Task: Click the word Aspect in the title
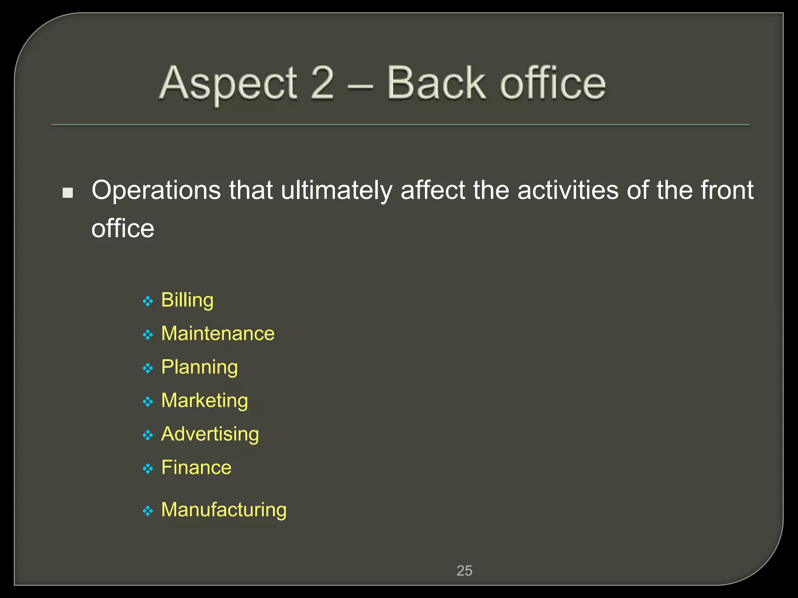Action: coord(229,83)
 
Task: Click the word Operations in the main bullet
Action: coord(156,190)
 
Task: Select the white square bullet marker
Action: coord(68,193)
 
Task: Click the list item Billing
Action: coord(187,300)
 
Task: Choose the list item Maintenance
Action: coord(218,334)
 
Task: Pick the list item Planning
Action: coord(199,368)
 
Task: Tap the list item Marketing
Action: coord(205,401)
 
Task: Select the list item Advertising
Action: coord(210,434)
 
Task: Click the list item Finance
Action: coord(196,468)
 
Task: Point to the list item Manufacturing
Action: coord(224,510)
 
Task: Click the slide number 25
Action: coord(464,571)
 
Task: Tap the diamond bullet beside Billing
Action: coord(148,301)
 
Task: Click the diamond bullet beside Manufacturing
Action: coord(148,511)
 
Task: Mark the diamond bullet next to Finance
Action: coord(148,469)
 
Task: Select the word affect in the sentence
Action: coord(433,190)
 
